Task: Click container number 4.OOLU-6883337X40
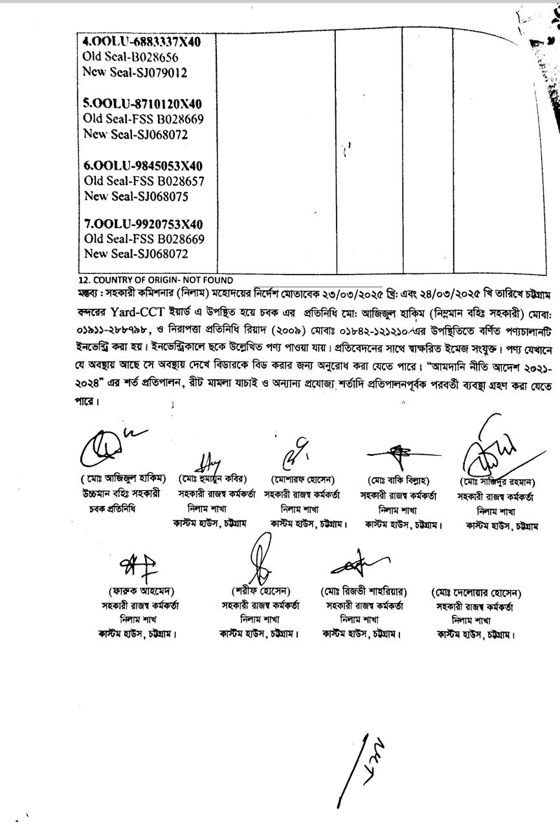tap(142, 42)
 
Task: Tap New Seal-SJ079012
tap(135, 73)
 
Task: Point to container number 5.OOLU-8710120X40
tap(142, 104)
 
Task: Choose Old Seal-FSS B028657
tap(144, 181)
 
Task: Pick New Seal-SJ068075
tap(135, 197)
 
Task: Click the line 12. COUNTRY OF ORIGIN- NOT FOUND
tap(155, 280)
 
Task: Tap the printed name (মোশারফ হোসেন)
tap(302, 480)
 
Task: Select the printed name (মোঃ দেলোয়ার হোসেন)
tap(476, 593)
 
